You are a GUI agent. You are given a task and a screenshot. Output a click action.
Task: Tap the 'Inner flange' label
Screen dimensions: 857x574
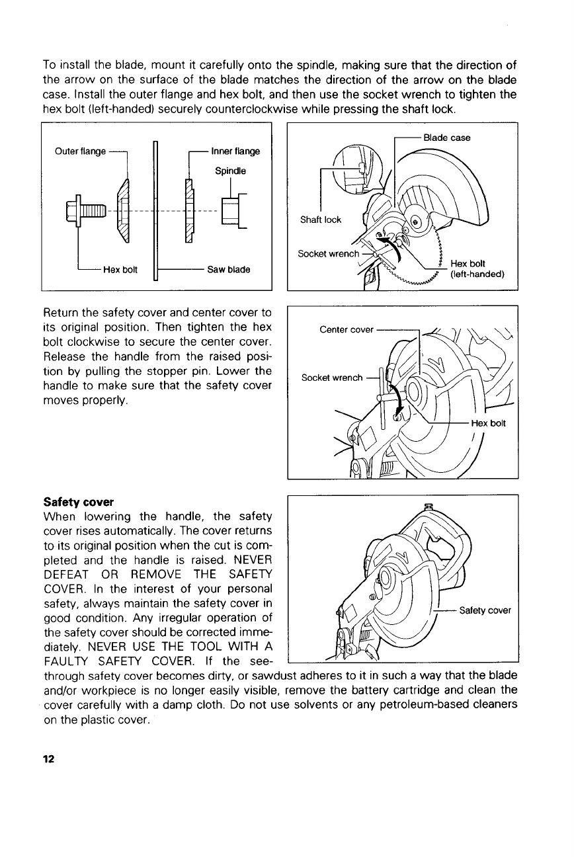(x=235, y=151)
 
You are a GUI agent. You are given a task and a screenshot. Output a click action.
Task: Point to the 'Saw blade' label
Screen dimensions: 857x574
(x=229, y=270)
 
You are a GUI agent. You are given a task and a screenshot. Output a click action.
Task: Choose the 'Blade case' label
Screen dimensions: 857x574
(x=446, y=138)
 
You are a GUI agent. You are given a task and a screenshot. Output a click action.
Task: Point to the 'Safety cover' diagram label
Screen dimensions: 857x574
(x=485, y=610)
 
